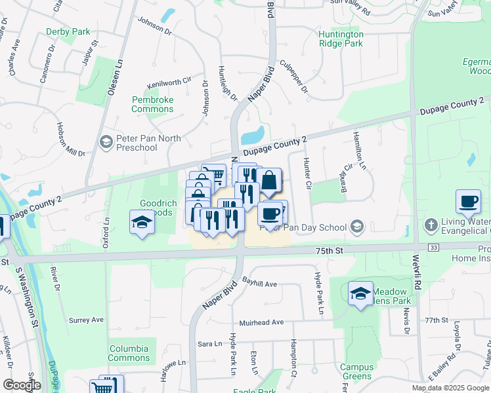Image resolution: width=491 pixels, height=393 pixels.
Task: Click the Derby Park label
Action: [x=68, y=31]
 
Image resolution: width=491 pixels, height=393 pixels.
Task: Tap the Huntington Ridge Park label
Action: [x=340, y=39]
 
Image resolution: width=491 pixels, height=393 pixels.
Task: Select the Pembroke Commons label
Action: [x=152, y=103]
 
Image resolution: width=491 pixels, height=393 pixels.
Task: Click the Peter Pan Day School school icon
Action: [x=357, y=227]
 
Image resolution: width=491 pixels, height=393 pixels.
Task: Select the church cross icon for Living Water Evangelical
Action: [x=431, y=225]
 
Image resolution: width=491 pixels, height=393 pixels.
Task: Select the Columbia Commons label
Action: [x=129, y=353]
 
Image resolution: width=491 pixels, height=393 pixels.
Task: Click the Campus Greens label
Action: [x=356, y=371]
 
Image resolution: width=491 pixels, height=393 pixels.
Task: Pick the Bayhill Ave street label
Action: [x=260, y=284]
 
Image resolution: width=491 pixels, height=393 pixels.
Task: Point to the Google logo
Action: [x=22, y=384]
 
